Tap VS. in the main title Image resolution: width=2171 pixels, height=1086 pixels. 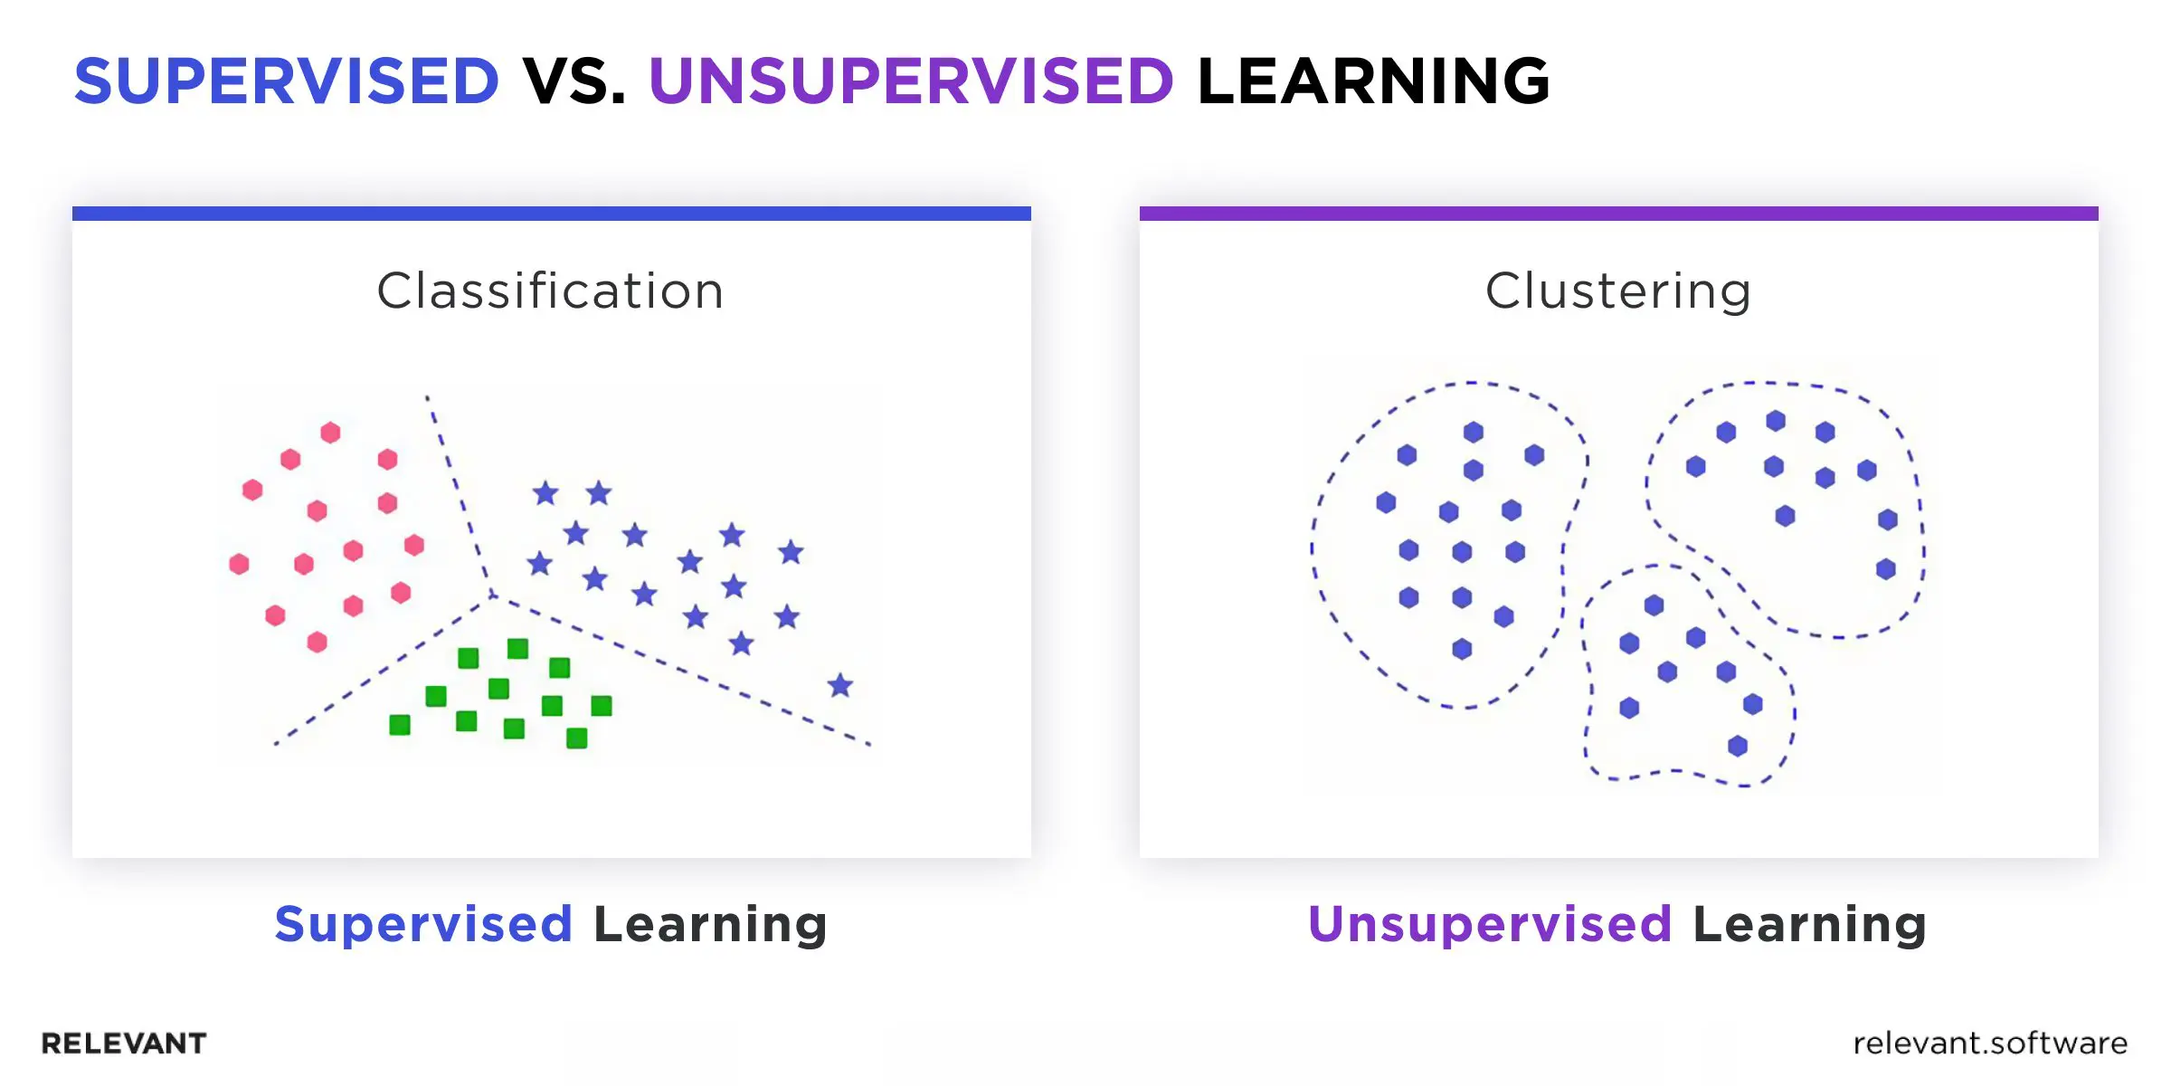coord(574,81)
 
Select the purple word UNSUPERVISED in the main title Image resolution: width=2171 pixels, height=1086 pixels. coord(911,81)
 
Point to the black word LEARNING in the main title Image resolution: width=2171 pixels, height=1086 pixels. coord(1373,81)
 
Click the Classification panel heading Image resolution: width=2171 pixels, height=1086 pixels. coord(550,291)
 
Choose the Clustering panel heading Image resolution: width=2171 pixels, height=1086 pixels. coord(1618,291)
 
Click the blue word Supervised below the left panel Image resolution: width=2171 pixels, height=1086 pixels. coord(423,924)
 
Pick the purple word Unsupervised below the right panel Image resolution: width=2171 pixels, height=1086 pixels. coord(1490,924)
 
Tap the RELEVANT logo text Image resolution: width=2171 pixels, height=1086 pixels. coord(124,1043)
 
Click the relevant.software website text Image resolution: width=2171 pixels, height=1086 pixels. coord(1990,1043)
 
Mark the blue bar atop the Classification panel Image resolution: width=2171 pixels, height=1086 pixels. coord(552,214)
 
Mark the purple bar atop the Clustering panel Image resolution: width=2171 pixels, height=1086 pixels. coord(1619,214)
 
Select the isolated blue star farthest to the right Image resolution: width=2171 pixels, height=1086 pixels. coord(840,685)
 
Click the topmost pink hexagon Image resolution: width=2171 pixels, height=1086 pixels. coord(331,433)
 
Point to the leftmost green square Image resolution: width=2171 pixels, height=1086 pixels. coord(400,725)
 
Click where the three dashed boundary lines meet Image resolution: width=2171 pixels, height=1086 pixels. coord(493,595)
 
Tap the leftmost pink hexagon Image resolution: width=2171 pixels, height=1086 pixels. coord(239,565)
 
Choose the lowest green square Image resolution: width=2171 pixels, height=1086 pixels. coord(576,738)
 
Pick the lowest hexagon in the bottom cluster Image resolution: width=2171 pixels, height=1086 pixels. coord(1738,746)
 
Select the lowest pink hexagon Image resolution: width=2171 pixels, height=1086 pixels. coord(317,643)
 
